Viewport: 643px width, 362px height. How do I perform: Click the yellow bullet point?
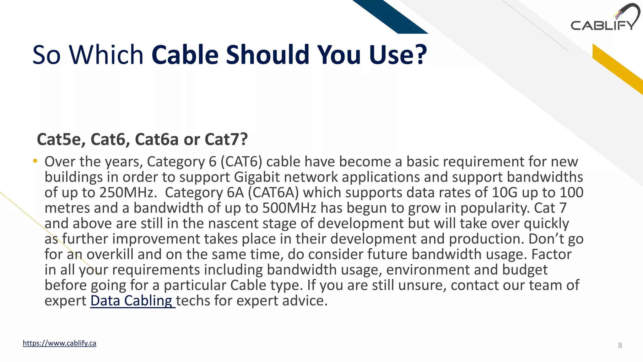[x=35, y=162]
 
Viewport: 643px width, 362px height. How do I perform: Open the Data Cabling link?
[x=132, y=301]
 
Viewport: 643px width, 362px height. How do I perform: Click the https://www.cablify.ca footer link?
[x=59, y=343]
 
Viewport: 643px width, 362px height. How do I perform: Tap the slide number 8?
[x=620, y=346]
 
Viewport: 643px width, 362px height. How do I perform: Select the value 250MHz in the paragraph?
[x=128, y=193]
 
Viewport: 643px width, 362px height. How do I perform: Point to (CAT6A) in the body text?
[x=273, y=193]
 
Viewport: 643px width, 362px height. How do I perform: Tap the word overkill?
[x=110, y=254]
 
